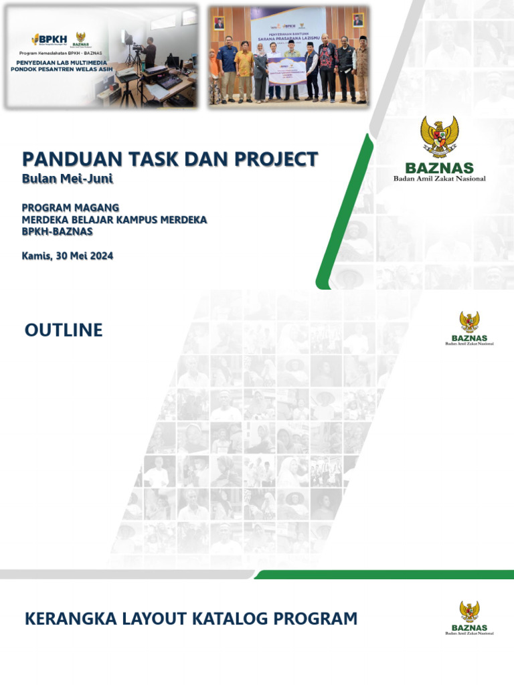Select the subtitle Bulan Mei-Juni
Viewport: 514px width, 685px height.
coord(68,179)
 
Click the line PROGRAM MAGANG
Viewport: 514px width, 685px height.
coord(70,207)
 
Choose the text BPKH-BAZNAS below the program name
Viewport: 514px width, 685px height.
coord(57,231)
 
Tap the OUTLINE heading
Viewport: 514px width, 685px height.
coord(64,330)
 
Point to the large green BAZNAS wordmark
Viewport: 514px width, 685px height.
coord(439,169)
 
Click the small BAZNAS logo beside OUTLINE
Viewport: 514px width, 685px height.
coord(469,328)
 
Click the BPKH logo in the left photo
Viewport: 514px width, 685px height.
coord(49,39)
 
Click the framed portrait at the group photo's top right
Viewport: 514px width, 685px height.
coord(358,19)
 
